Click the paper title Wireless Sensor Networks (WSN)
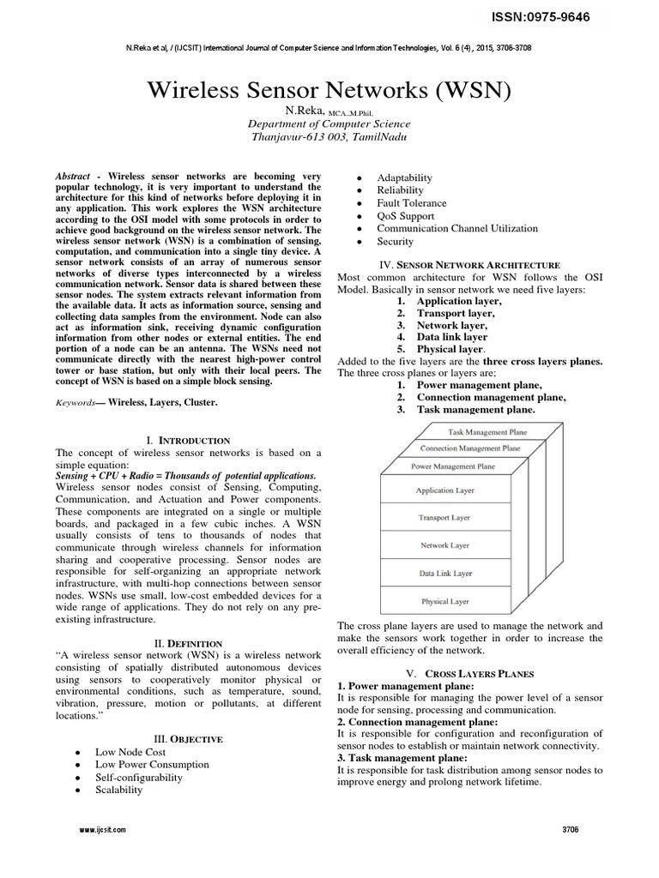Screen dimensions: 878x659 tap(329, 89)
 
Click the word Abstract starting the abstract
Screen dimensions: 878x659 tap(72, 176)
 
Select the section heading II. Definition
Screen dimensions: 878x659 tap(188, 643)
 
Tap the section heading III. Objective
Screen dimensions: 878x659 tap(188, 738)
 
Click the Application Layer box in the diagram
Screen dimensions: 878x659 tap(444, 490)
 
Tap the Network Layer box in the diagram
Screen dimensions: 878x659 tap(444, 545)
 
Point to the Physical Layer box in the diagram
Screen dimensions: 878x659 tap(444, 601)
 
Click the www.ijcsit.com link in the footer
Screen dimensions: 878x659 tap(102, 830)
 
